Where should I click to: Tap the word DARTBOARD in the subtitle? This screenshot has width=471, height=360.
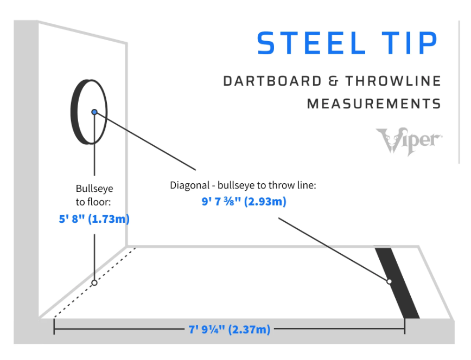272,81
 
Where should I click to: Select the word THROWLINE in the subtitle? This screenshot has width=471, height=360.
392,81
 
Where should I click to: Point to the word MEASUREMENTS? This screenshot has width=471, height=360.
374,103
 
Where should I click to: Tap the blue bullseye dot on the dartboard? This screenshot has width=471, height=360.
94,112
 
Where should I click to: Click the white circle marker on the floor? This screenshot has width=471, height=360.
94,282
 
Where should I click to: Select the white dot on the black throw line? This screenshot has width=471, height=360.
389,281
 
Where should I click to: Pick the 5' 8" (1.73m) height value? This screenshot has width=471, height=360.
94,220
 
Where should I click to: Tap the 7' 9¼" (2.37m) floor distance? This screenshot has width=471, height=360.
229,329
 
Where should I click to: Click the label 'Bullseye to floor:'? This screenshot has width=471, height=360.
94,195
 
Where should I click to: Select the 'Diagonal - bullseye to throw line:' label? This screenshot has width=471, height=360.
243,185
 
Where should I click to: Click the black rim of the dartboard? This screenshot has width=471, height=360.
74,112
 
